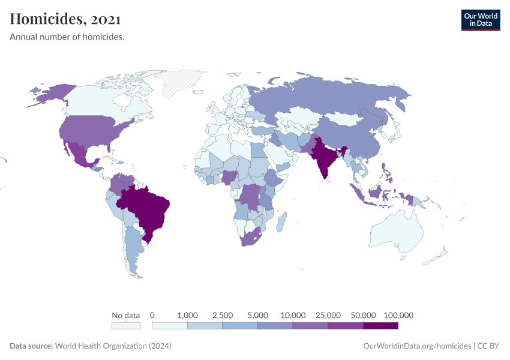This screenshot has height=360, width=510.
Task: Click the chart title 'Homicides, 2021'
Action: (x=65, y=19)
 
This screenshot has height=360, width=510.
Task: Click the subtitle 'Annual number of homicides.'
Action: (x=67, y=37)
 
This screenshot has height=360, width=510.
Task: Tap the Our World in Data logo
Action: (x=480, y=20)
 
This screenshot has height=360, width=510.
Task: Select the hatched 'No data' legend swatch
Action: (x=125, y=326)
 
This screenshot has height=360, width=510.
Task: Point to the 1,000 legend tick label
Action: (x=188, y=315)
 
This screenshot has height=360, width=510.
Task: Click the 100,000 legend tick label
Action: (x=398, y=315)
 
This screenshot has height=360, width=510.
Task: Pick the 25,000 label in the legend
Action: (x=328, y=315)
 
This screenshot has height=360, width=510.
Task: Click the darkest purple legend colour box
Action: (x=380, y=326)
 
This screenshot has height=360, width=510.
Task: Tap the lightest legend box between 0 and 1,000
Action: (x=170, y=326)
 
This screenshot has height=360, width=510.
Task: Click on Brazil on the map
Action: (x=147, y=207)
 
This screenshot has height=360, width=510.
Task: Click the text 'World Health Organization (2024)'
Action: (x=113, y=346)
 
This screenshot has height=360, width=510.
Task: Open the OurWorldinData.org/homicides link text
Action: (x=417, y=346)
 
